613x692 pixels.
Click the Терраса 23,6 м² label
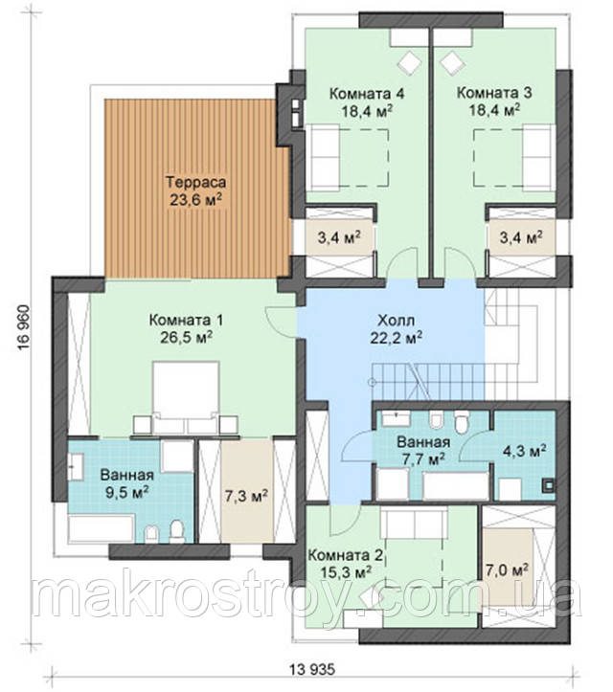tap(195, 190)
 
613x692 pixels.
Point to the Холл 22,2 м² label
tap(397, 329)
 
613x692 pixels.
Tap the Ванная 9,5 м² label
tap(126, 483)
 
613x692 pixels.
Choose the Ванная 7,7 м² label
tap(423, 450)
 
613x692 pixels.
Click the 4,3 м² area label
tap(524, 451)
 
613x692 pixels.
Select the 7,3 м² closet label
tap(246, 496)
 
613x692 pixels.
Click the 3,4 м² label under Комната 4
tap(339, 237)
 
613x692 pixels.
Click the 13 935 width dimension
tap(312, 669)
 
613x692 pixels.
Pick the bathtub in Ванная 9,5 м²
tap(102, 527)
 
